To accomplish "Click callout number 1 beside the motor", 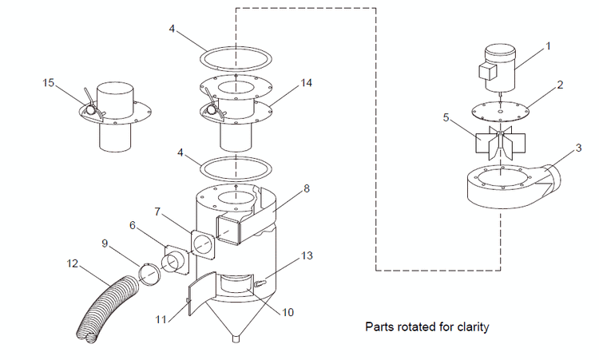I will [548, 45].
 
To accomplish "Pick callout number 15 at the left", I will [50, 82].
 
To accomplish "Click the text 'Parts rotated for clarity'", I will [426, 326].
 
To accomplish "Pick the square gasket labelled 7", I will [204, 244].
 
